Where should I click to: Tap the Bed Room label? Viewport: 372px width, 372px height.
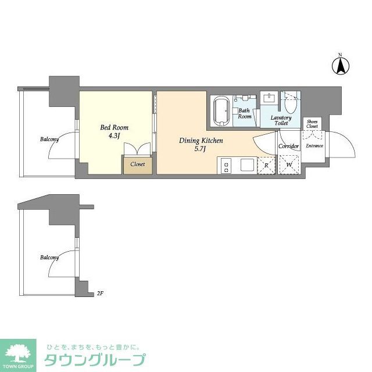click(x=115, y=127)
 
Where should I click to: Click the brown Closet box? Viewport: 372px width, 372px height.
click(x=138, y=164)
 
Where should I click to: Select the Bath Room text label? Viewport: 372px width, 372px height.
click(x=245, y=113)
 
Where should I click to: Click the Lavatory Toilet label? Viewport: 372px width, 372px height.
click(x=281, y=120)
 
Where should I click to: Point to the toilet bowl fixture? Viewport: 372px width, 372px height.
click(x=291, y=105)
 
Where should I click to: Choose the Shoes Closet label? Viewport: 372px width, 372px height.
click(x=312, y=123)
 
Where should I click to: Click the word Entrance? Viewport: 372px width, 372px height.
click(x=314, y=146)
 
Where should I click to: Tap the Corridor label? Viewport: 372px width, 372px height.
click(x=288, y=146)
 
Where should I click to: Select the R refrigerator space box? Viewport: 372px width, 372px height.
click(x=266, y=165)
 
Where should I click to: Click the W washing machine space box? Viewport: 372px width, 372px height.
click(x=289, y=165)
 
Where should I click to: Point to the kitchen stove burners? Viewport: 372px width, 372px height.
click(x=225, y=165)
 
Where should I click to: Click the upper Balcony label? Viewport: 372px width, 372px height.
click(x=49, y=139)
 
